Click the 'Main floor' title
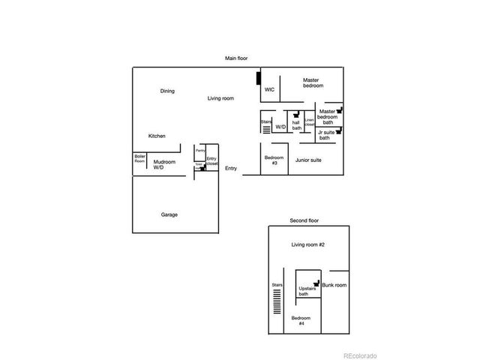[237, 58]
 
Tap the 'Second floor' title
[304, 220]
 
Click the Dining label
[167, 91]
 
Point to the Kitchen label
[157, 136]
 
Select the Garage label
[169, 214]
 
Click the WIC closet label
[269, 90]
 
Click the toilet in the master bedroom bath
[340, 109]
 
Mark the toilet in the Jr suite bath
[340, 129]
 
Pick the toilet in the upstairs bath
[317, 283]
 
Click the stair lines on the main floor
[266, 127]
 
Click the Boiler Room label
[139, 160]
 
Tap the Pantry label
[200, 151]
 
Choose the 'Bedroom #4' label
[298, 321]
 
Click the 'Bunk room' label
[334, 285]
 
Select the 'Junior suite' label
[308, 160]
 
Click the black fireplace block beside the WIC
[259, 78]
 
